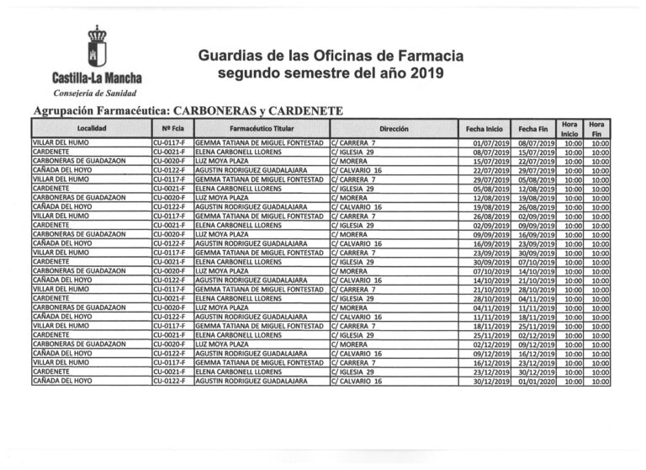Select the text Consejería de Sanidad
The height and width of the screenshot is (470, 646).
click(93, 93)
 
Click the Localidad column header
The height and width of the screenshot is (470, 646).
click(91, 129)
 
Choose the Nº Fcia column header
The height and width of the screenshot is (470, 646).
click(172, 129)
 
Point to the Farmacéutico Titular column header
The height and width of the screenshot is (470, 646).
click(262, 129)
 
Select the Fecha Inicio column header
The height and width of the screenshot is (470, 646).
click(484, 129)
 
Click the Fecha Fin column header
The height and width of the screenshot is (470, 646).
click(534, 129)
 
